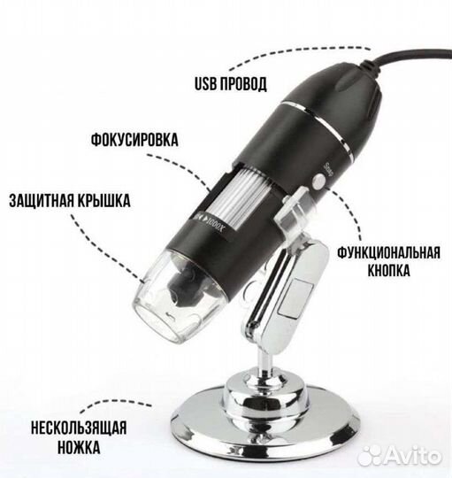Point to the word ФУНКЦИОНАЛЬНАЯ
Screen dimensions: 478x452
click(388, 250)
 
